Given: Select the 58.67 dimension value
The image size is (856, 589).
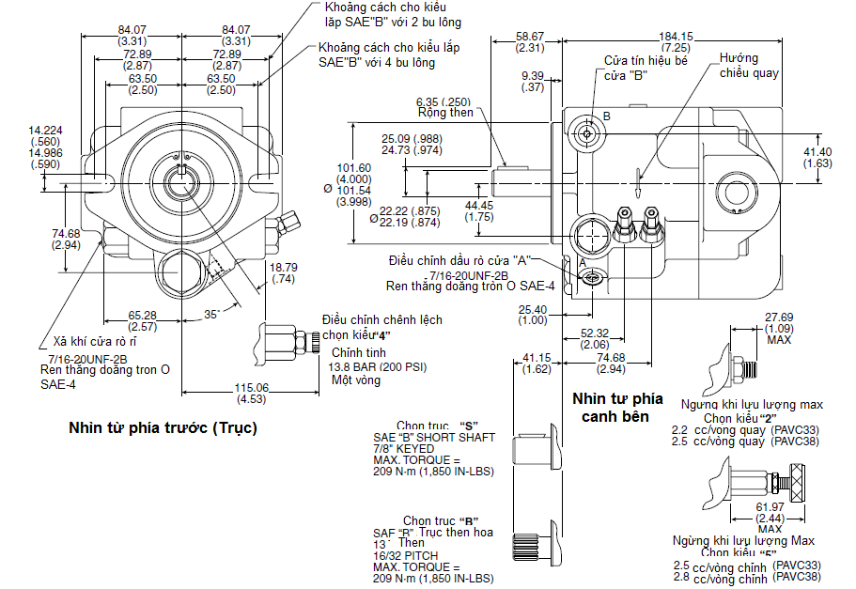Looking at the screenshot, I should tap(531, 36).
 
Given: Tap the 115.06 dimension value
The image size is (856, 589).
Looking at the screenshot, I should tap(251, 387).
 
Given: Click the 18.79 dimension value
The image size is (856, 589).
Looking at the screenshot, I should tap(283, 267).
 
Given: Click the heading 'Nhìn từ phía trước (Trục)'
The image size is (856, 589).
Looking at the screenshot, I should tap(163, 427).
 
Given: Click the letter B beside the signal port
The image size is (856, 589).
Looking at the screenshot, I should tap(607, 116).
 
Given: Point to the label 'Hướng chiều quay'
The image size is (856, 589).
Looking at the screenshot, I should tap(749, 66).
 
